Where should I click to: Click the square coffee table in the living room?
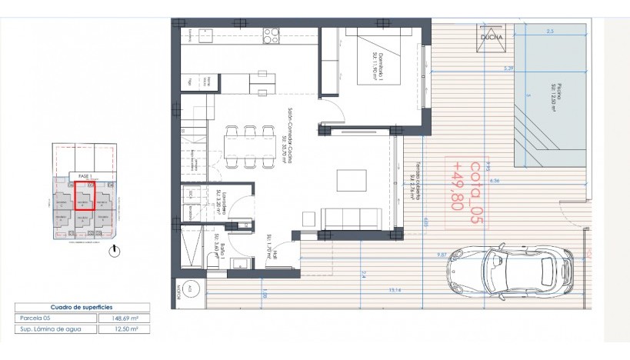[x=352, y=179]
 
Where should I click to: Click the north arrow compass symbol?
[x=114, y=251]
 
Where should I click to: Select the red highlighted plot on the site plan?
[x=84, y=202]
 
